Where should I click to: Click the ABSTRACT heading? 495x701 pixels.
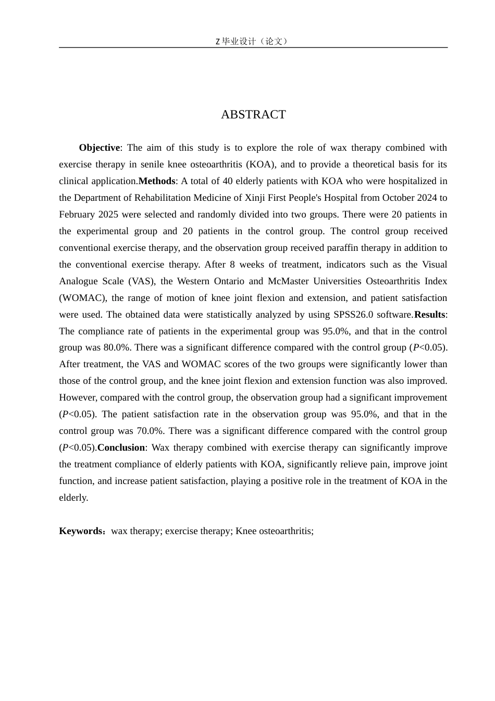253,115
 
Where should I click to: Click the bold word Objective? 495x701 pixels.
100,148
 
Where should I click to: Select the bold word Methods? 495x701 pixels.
157,182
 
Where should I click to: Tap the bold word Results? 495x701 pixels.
429,315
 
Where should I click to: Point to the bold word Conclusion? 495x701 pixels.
121,448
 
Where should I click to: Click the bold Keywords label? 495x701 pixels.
82,531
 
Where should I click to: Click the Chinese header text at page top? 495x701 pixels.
253,41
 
